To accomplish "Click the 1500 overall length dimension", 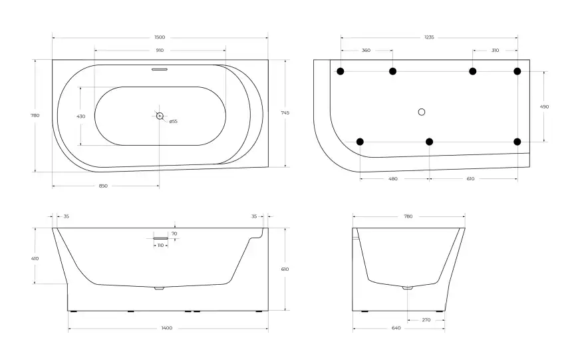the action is [x=160, y=37].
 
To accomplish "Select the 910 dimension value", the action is [x=160, y=51].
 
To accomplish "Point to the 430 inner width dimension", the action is [x=81, y=116].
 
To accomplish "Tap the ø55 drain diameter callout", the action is [x=174, y=121].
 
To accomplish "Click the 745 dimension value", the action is [x=285, y=112].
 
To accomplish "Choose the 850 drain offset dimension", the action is [x=103, y=186].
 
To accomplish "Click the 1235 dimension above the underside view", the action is [x=429, y=37].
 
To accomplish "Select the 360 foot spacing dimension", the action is [x=366, y=51].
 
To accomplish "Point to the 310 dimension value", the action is [x=495, y=51].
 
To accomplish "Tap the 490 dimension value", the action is [x=545, y=107].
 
